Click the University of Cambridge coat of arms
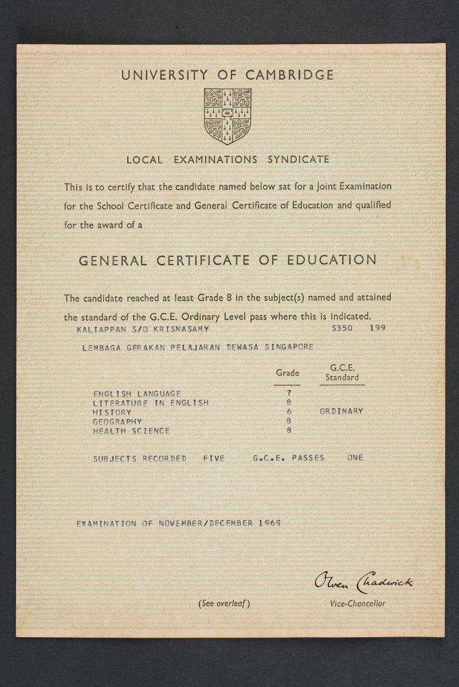click(x=227, y=116)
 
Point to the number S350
click(x=342, y=329)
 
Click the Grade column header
click(x=288, y=373)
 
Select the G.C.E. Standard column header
click(x=342, y=373)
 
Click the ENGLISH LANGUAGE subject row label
click(x=137, y=394)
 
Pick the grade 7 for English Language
click(x=289, y=393)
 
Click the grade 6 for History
click(x=289, y=412)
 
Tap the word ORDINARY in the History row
click(x=341, y=411)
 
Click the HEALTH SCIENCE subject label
click(x=131, y=431)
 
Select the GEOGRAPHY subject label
click(x=117, y=421)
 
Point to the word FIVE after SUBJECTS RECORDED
click(x=214, y=458)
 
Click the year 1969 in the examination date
click(x=269, y=523)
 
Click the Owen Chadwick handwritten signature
click(x=363, y=582)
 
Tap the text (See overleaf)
click(x=224, y=603)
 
